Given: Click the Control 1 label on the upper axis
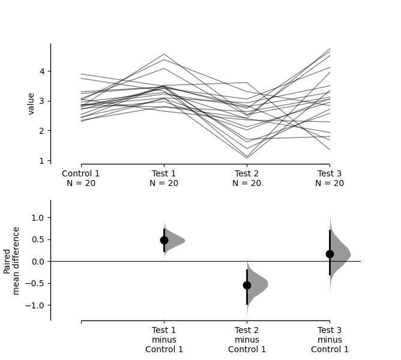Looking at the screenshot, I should pos(81,178).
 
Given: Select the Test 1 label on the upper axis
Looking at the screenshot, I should pos(164,178).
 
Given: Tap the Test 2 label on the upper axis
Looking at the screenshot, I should pos(247,178).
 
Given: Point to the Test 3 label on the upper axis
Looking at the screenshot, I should pos(330,178).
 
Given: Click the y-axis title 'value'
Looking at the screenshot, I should pos(31,103).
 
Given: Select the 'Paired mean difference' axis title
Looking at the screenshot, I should pos(11,260).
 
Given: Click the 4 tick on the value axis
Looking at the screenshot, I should pos(43,71).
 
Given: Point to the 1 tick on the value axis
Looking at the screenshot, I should pos(43,160).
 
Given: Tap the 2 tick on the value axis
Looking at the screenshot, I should pos(43,131).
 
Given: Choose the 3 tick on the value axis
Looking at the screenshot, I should pos(43,101).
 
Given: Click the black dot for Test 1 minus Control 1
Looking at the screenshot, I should pos(164,240).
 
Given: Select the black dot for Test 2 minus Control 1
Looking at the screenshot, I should pos(247,285).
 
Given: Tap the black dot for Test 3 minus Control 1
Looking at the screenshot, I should pos(330,254).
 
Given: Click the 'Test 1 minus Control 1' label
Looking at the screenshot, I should pos(164,340).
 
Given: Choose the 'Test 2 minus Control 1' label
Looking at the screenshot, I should pos(247,340).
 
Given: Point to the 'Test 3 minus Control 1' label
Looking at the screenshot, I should pos(330,340).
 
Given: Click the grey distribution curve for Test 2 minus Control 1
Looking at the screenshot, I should pos(257,284).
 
